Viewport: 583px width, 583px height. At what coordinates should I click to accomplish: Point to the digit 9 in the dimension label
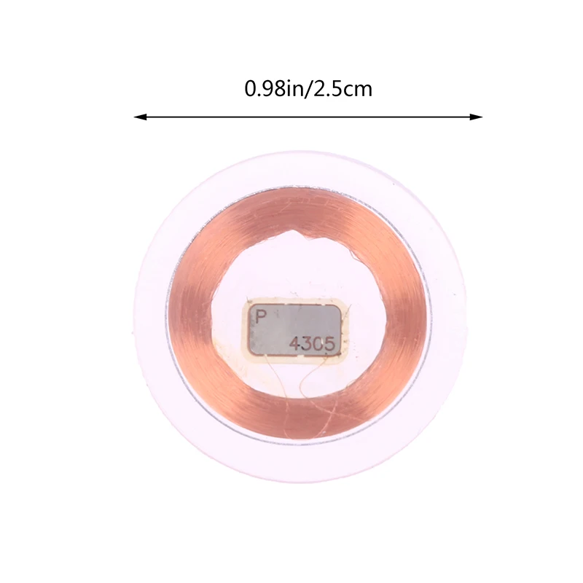(x=263, y=90)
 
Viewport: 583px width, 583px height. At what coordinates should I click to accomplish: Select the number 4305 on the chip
(x=314, y=343)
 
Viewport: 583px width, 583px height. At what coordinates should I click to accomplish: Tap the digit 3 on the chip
(x=308, y=343)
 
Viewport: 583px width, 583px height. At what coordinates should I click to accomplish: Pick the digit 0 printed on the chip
(x=320, y=343)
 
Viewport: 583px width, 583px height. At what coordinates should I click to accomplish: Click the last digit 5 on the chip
(x=332, y=343)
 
